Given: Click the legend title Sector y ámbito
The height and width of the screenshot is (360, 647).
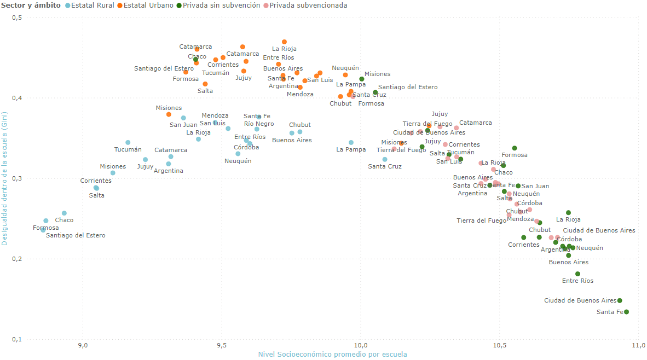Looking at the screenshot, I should tap(31, 5).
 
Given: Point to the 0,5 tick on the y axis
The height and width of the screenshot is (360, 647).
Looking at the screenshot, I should tap(16, 18).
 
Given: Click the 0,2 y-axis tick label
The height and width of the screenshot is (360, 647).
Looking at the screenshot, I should tap(16, 259).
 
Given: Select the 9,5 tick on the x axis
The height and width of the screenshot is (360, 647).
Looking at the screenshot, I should tap(222, 346).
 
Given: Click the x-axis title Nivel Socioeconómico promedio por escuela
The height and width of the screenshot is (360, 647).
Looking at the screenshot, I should tap(332, 355).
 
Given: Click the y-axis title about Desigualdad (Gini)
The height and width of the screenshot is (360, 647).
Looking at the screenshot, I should tap(5, 179).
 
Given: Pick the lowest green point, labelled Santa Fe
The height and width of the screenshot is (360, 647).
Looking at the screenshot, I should tap(626, 312).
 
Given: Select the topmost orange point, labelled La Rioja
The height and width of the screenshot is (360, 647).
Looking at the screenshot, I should tap(284, 42).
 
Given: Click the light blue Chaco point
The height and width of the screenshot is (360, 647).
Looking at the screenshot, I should tap(64, 213).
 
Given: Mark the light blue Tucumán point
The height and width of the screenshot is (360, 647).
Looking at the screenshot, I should tap(128, 142).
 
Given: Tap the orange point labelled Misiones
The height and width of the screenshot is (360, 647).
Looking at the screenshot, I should tap(169, 114).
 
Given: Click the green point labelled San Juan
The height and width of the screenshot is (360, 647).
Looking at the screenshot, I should tap(518, 186).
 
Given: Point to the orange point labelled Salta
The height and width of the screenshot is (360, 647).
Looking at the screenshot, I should tap(205, 84).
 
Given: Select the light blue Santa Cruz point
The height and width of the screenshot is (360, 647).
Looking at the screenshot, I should tap(385, 159).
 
